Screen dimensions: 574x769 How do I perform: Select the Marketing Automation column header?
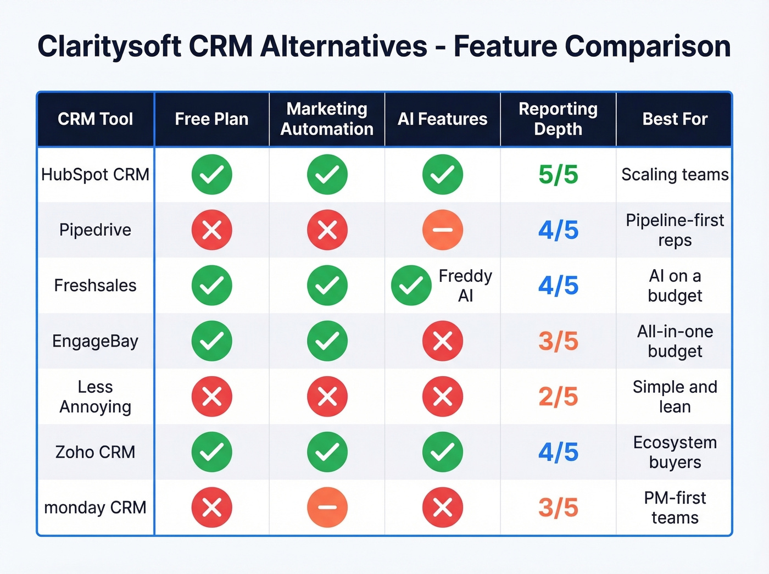point(327,119)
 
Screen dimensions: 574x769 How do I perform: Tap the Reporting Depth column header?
point(558,119)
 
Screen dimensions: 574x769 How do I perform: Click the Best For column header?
point(675,119)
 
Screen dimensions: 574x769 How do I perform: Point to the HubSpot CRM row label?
point(95,175)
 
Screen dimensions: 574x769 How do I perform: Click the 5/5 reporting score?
point(558,175)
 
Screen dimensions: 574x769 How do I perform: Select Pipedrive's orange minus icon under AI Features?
point(443,230)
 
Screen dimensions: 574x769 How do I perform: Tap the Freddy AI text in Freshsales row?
point(465,286)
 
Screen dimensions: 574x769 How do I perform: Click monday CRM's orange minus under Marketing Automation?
point(327,508)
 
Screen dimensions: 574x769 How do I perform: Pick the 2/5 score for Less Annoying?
point(558,397)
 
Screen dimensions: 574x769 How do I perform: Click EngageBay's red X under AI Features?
point(443,341)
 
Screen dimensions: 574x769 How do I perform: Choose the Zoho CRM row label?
point(95,452)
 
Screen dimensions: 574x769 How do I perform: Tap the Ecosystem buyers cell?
point(675,452)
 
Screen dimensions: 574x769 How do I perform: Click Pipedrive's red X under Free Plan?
point(212,230)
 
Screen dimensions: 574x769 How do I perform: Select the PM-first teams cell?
point(675,508)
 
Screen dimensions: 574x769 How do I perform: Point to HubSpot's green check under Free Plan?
point(212,175)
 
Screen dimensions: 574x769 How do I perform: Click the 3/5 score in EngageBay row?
point(558,341)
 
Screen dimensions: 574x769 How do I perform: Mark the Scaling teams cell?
point(675,175)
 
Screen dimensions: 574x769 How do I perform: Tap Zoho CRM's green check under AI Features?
point(443,452)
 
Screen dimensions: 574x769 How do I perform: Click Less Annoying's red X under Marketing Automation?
point(327,397)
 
